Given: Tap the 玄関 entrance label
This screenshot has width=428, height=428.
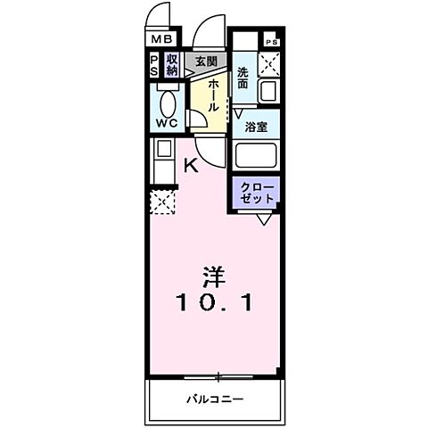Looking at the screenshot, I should tap(206, 62).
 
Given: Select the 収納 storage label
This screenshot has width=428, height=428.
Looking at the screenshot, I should tap(172, 64).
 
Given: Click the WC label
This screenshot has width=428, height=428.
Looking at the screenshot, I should tap(168, 122).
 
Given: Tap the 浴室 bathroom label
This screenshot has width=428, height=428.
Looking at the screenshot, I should tap(257, 127).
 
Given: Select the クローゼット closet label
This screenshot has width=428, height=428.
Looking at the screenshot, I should tap(257, 192).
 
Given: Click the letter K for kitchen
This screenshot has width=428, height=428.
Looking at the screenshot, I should tap(190, 164).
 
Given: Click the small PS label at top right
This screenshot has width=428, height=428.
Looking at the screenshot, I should tap(271, 41).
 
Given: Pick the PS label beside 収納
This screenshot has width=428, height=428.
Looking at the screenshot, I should tap(154, 64).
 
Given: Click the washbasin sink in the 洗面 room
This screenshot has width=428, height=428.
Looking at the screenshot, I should tap(267, 91).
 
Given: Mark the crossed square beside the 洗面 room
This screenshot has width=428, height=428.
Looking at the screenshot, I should tap(268, 64).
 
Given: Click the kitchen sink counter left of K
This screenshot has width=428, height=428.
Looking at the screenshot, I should tap(163, 162).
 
